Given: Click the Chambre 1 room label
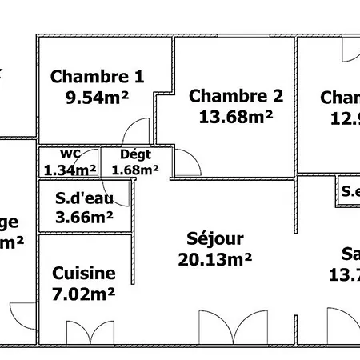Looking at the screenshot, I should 97,77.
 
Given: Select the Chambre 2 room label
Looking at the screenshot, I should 236,97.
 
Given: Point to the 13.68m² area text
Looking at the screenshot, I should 236,117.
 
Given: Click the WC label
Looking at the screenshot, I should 70,154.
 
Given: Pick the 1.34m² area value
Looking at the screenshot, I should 70,170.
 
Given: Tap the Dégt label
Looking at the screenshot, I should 135,154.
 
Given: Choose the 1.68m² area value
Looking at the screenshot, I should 135,170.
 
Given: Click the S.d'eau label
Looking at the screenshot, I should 83,198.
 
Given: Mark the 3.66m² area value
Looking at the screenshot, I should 84,216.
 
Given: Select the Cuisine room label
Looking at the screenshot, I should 84,274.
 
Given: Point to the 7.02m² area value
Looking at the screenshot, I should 84,294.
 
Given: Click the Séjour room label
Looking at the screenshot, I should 214,238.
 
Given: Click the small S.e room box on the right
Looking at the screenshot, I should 349,191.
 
